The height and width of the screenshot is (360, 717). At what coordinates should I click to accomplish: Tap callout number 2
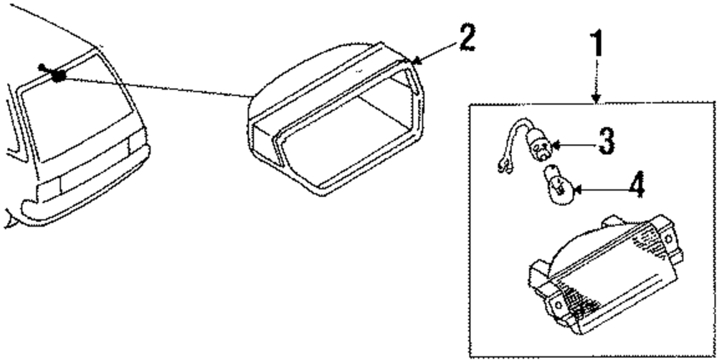click(467, 38)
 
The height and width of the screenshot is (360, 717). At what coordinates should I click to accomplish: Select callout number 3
click(607, 141)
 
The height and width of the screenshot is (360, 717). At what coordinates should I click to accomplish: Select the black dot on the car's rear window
click(59, 75)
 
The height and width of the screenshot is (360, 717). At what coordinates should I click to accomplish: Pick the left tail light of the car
click(47, 189)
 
